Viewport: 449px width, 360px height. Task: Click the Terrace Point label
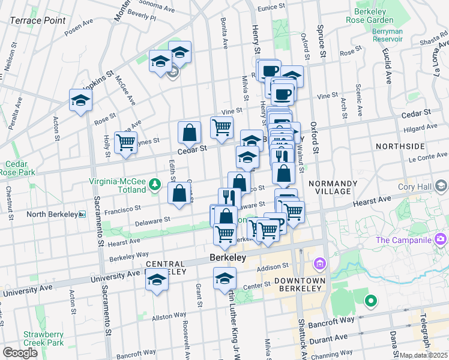tap(37, 20)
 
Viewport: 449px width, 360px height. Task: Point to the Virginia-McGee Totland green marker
tap(155, 184)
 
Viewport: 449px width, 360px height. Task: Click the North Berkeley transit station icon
tap(82, 214)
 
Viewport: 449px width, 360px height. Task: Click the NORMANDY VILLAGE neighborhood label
tap(332, 188)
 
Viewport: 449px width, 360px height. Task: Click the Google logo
tap(20, 353)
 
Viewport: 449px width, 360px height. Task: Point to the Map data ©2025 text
tap(423, 355)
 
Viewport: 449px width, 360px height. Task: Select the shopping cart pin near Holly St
tap(125, 143)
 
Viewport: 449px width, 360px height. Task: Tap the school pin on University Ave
tap(157, 281)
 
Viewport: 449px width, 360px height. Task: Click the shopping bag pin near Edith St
tap(179, 194)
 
